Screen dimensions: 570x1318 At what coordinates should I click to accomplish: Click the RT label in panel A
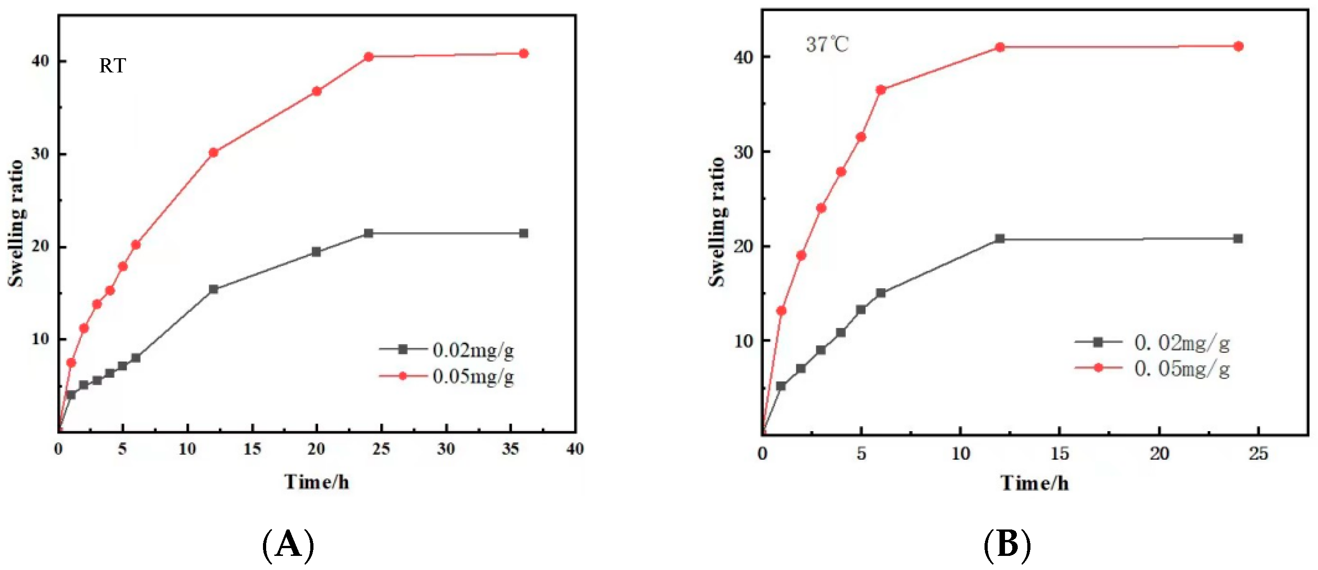[112, 66]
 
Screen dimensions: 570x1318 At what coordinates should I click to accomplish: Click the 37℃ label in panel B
[827, 45]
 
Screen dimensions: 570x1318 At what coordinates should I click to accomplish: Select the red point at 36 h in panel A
[523, 53]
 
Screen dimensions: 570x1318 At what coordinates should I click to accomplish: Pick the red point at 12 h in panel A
[213, 152]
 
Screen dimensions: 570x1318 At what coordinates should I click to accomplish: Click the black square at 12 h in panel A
[213, 290]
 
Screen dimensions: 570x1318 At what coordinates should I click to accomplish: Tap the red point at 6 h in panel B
[880, 90]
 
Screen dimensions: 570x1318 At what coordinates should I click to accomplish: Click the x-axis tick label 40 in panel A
[575, 449]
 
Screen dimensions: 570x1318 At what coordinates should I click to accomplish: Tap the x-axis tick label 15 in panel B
[1060, 453]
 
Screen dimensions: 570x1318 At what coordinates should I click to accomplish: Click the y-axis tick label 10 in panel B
[744, 341]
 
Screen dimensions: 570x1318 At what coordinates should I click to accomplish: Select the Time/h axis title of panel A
[317, 482]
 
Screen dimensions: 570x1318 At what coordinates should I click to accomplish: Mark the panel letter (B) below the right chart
[1007, 545]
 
